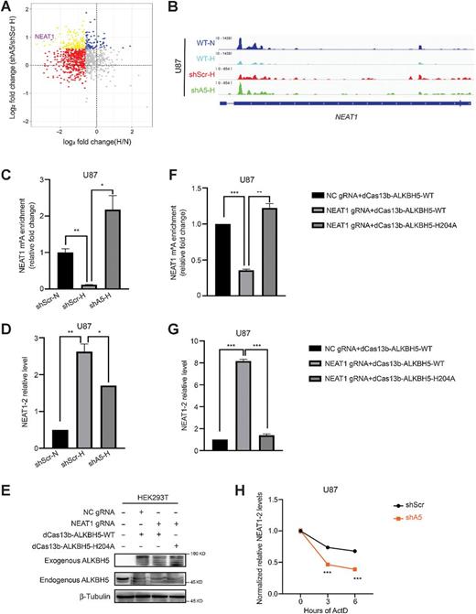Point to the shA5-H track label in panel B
211,89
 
